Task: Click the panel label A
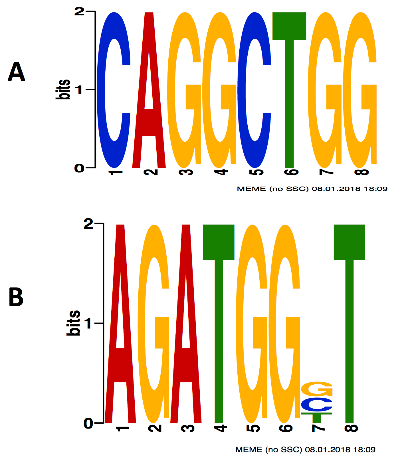pyautogui.click(x=16, y=72)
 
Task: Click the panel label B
pyautogui.click(x=16, y=297)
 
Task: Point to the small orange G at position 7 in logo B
pyautogui.click(x=317, y=389)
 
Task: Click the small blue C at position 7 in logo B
pyautogui.click(x=317, y=404)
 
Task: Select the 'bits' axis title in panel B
pyautogui.click(x=73, y=323)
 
